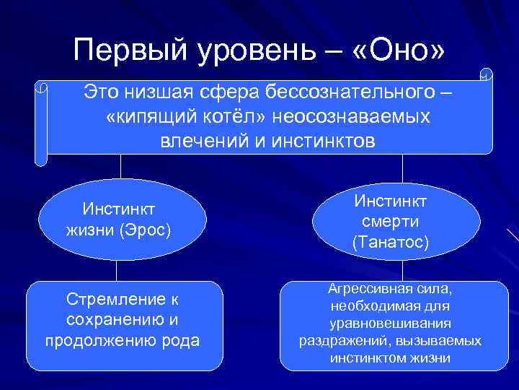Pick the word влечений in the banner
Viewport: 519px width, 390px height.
pos(202,140)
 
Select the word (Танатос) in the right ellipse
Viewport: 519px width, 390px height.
pos(391,243)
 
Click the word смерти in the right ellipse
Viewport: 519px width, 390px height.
pos(391,221)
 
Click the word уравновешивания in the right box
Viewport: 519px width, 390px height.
pos(391,323)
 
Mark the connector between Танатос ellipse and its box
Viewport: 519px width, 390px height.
pos(391,270)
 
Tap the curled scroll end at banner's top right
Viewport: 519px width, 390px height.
pos(487,75)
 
